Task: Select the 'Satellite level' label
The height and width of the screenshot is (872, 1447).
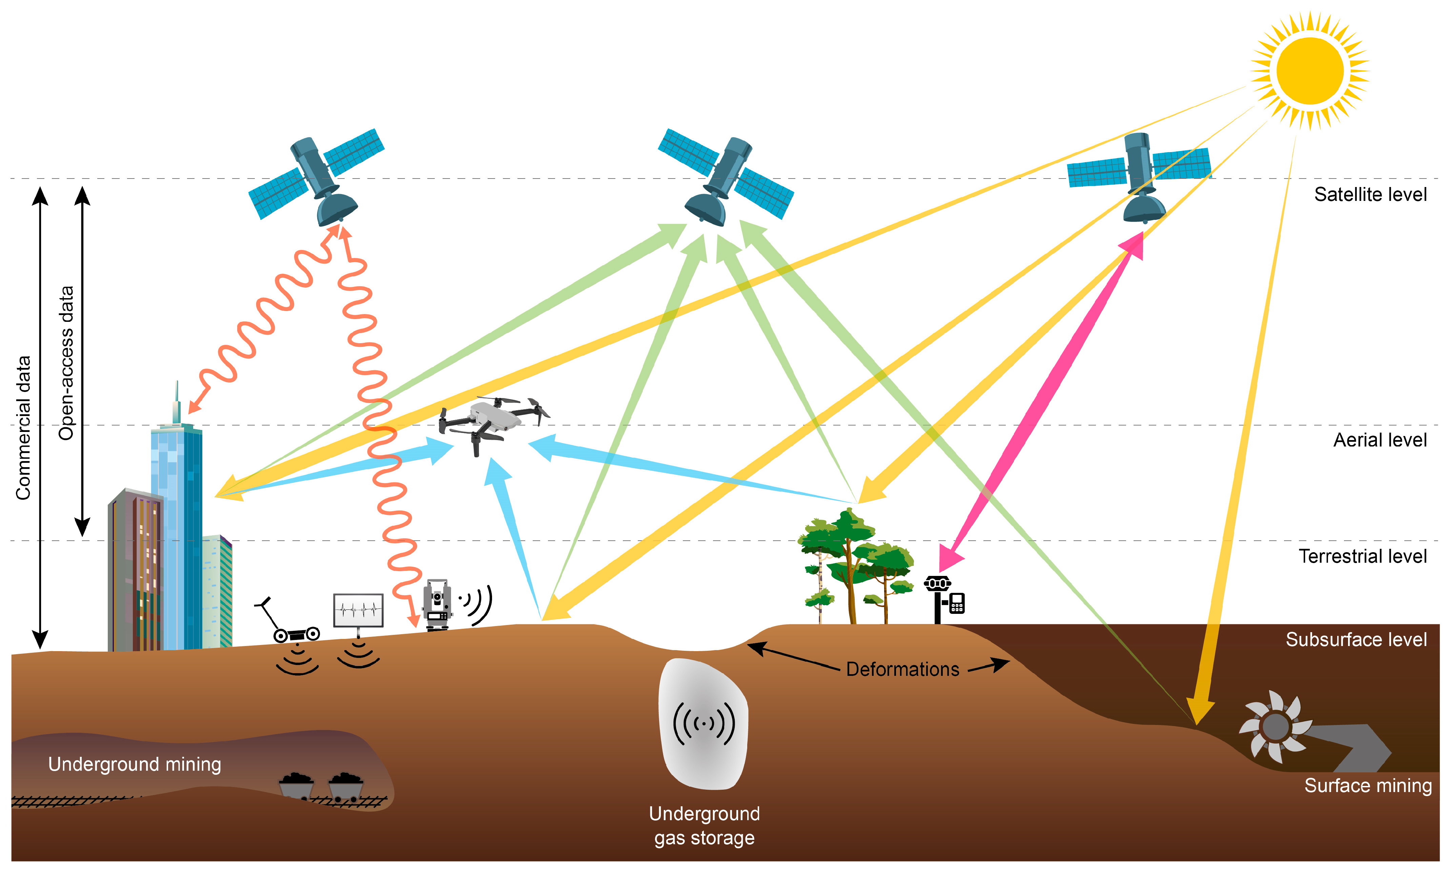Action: pyautogui.click(x=1370, y=194)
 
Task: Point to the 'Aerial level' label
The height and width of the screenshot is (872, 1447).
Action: pyautogui.click(x=1380, y=440)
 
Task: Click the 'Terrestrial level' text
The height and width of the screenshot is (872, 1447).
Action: pyautogui.click(x=1362, y=556)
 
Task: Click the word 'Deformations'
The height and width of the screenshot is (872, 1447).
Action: pyautogui.click(x=903, y=669)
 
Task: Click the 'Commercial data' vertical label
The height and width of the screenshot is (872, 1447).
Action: pyautogui.click(x=23, y=429)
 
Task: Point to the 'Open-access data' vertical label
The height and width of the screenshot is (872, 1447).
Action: pyautogui.click(x=66, y=363)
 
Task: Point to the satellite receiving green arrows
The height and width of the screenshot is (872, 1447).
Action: pyautogui.click(x=726, y=176)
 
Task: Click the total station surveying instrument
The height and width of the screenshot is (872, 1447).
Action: pyautogui.click(x=437, y=605)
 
